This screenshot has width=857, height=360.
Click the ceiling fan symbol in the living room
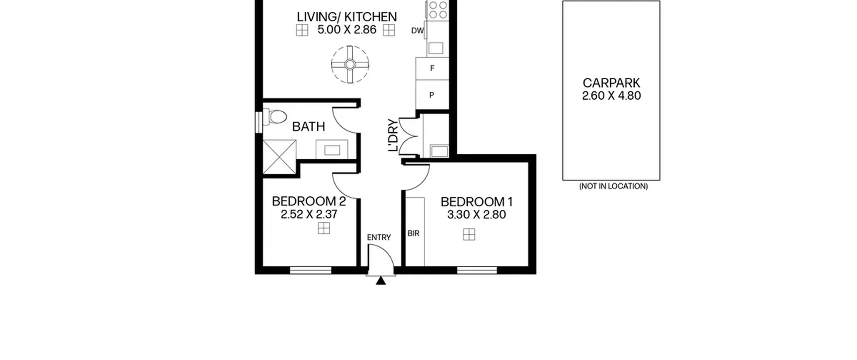[350, 64]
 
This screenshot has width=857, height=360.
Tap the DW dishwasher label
[417, 31]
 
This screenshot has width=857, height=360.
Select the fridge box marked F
[432, 69]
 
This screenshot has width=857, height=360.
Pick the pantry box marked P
[432, 95]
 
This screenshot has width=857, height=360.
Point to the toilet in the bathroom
[275, 117]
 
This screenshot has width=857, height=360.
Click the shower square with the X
[280, 157]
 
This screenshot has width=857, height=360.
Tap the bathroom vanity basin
[332, 149]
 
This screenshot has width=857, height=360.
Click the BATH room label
[308, 127]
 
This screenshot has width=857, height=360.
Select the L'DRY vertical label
[393, 135]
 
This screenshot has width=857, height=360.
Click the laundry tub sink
[439, 151]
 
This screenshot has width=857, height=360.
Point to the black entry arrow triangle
[381, 281]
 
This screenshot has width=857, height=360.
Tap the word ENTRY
[379, 237]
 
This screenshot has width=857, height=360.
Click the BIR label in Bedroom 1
[413, 233]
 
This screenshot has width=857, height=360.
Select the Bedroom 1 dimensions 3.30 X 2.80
[476, 215]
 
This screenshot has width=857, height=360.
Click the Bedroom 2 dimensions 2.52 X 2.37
[309, 214]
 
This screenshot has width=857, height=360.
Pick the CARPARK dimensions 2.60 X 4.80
[611, 96]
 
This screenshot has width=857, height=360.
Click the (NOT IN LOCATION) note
[613, 186]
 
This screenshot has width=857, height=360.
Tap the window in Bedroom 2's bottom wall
[311, 270]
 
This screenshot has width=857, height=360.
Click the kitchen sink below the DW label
[436, 48]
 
